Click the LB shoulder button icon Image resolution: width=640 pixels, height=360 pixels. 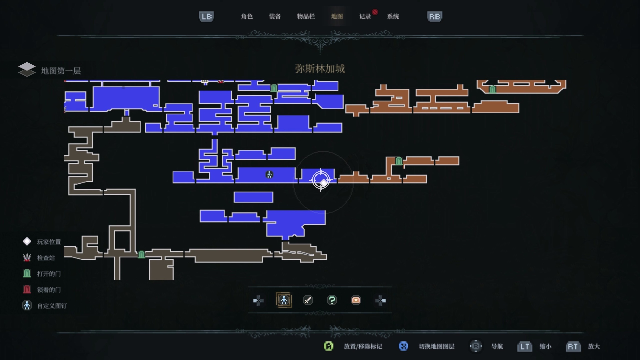[x=206, y=17]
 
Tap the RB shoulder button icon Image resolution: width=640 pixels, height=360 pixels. [x=434, y=17]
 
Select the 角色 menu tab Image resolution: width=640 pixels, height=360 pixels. [x=247, y=16]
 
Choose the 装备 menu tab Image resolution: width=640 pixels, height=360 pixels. [x=275, y=16]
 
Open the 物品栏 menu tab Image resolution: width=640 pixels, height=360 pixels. [x=306, y=16]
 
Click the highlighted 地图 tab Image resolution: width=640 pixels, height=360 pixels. [x=337, y=16]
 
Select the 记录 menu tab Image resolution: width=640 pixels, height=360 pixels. [x=365, y=16]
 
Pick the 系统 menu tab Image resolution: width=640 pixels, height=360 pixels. [x=393, y=16]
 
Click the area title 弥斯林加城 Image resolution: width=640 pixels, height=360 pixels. [x=320, y=69]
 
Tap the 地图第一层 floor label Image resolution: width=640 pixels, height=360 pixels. [x=61, y=71]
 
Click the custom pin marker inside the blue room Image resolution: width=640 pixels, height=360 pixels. [x=269, y=175]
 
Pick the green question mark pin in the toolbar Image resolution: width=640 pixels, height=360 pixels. [x=332, y=300]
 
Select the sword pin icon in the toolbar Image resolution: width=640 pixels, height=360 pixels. [x=308, y=300]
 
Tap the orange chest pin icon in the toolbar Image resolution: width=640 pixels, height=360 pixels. [x=356, y=300]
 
